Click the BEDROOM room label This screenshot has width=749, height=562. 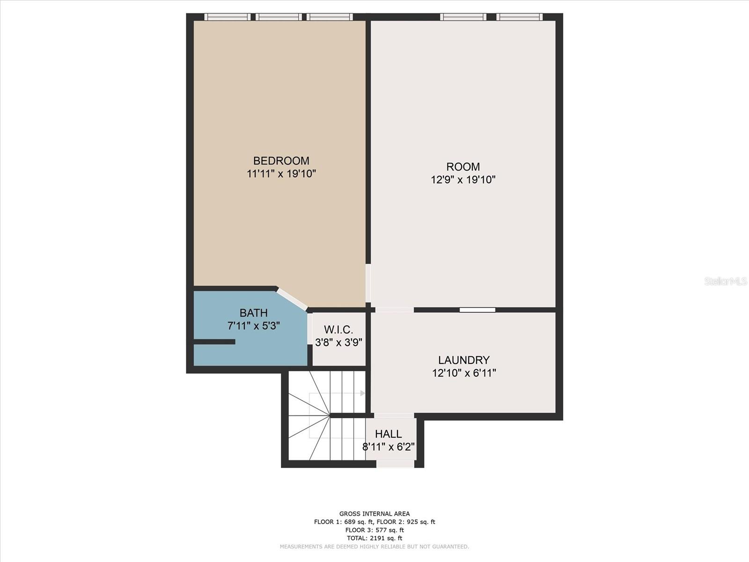[281, 161]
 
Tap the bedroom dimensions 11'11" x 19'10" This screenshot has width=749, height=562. [281, 174]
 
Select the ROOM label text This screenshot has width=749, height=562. [463, 167]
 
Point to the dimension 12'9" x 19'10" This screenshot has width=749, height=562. [463, 179]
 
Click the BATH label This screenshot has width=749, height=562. [254, 312]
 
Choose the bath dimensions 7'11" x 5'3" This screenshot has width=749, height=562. [254, 325]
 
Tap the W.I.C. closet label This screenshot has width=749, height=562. [338, 330]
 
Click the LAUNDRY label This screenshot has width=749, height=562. [464, 360]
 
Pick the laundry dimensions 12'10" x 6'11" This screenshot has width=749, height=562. [464, 373]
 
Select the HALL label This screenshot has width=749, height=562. [389, 434]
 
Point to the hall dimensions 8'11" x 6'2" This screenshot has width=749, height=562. [389, 447]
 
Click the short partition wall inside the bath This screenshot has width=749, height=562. [214, 341]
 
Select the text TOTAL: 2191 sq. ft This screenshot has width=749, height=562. [374, 538]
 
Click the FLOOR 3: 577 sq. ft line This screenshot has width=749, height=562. [374, 530]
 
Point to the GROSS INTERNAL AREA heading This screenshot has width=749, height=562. [374, 514]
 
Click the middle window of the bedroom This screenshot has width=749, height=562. [279, 17]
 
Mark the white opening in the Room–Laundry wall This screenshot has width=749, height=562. [477, 310]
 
